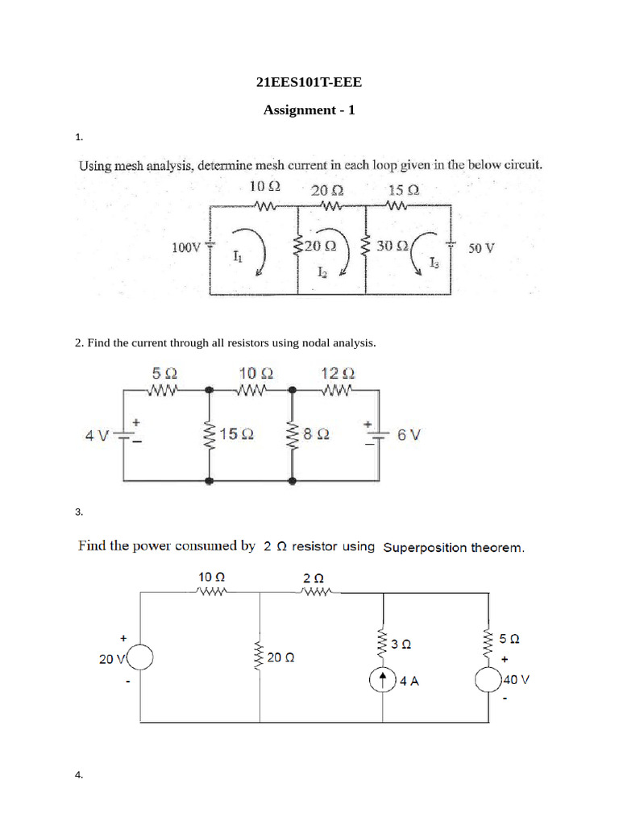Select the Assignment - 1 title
pyautogui.click(x=309, y=110)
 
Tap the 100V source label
pyautogui.click(x=186, y=248)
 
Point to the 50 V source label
pyautogui.click(x=481, y=249)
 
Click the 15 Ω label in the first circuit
pyautogui.click(x=403, y=192)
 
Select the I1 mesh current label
pyautogui.click(x=236, y=258)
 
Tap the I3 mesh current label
pyautogui.click(x=434, y=263)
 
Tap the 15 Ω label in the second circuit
pyautogui.click(x=237, y=434)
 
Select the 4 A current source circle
pyautogui.click(x=380, y=681)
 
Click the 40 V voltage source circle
pyautogui.click(x=488, y=682)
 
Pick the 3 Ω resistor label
pyautogui.click(x=401, y=645)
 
